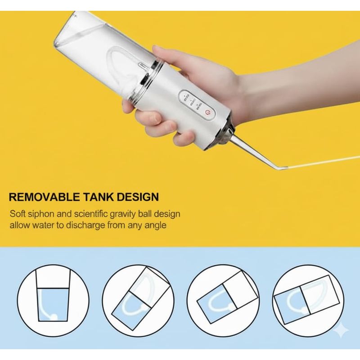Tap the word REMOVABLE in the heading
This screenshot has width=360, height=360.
point(45,198)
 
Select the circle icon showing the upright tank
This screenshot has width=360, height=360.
point(53,301)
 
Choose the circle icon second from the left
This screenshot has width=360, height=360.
point(138,301)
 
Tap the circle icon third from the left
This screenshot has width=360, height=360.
point(222,301)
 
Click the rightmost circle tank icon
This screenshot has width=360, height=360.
point(308,301)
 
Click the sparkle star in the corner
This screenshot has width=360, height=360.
point(341,330)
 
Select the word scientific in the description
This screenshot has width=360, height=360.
point(91,214)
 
